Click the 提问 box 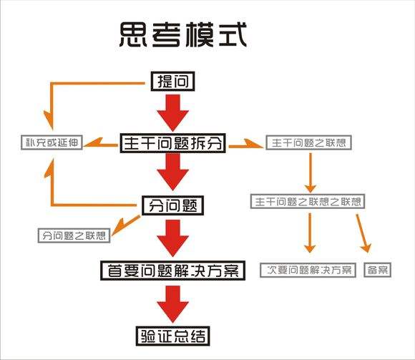(x=172, y=81)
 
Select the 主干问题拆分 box (x=172, y=142)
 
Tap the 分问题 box (x=172, y=206)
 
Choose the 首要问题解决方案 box (x=172, y=270)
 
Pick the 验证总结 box (x=172, y=335)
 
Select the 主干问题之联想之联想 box (x=307, y=202)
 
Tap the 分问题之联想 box (x=74, y=235)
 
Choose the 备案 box (x=377, y=270)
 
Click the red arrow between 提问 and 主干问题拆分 (x=172, y=111)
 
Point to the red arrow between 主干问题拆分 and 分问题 (x=172, y=174)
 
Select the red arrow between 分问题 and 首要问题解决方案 (x=172, y=238)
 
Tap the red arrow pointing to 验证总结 (x=172, y=302)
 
